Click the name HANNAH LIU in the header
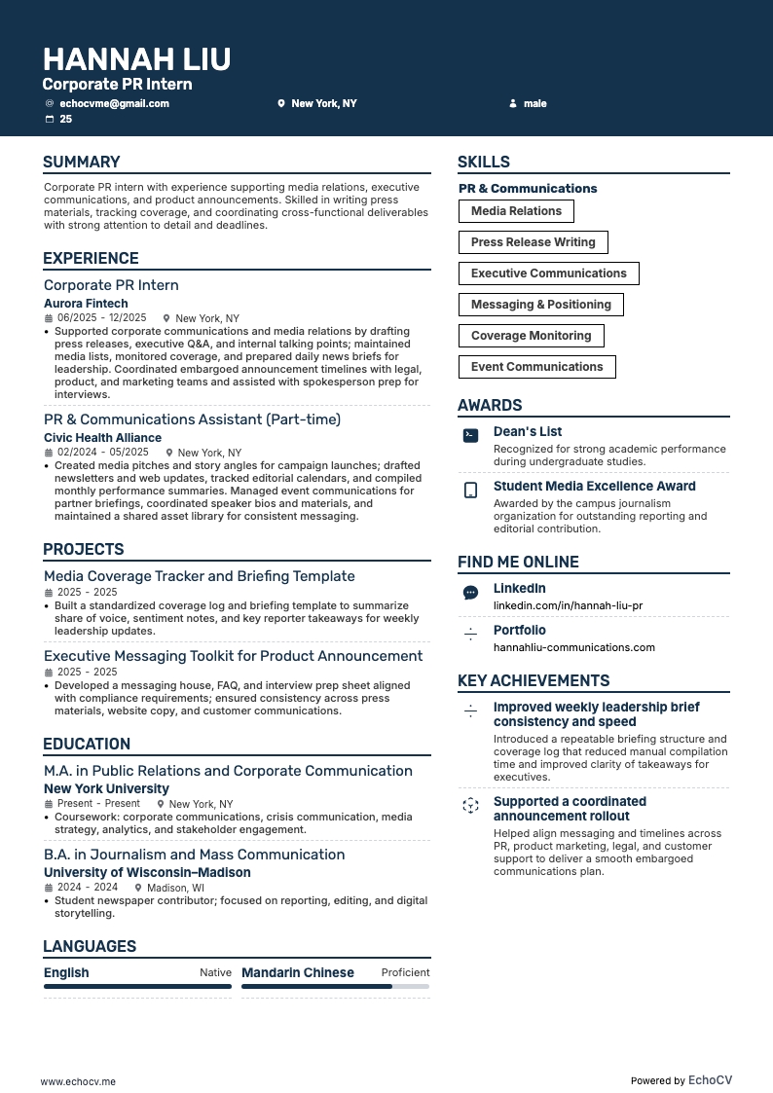(136, 59)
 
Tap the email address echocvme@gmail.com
(114, 103)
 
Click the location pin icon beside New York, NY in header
(281, 103)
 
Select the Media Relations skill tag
(516, 211)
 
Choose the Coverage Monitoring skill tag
(531, 336)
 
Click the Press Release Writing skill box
(533, 242)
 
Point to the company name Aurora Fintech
(86, 304)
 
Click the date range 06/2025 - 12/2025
(101, 318)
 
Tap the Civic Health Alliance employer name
(102, 438)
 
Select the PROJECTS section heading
(84, 550)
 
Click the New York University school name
(106, 789)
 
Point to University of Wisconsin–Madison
(147, 873)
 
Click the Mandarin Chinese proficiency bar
(335, 986)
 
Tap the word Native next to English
(215, 972)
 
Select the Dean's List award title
(527, 432)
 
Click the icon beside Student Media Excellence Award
(470, 491)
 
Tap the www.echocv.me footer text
(78, 1081)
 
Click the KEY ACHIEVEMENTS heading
(534, 681)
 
